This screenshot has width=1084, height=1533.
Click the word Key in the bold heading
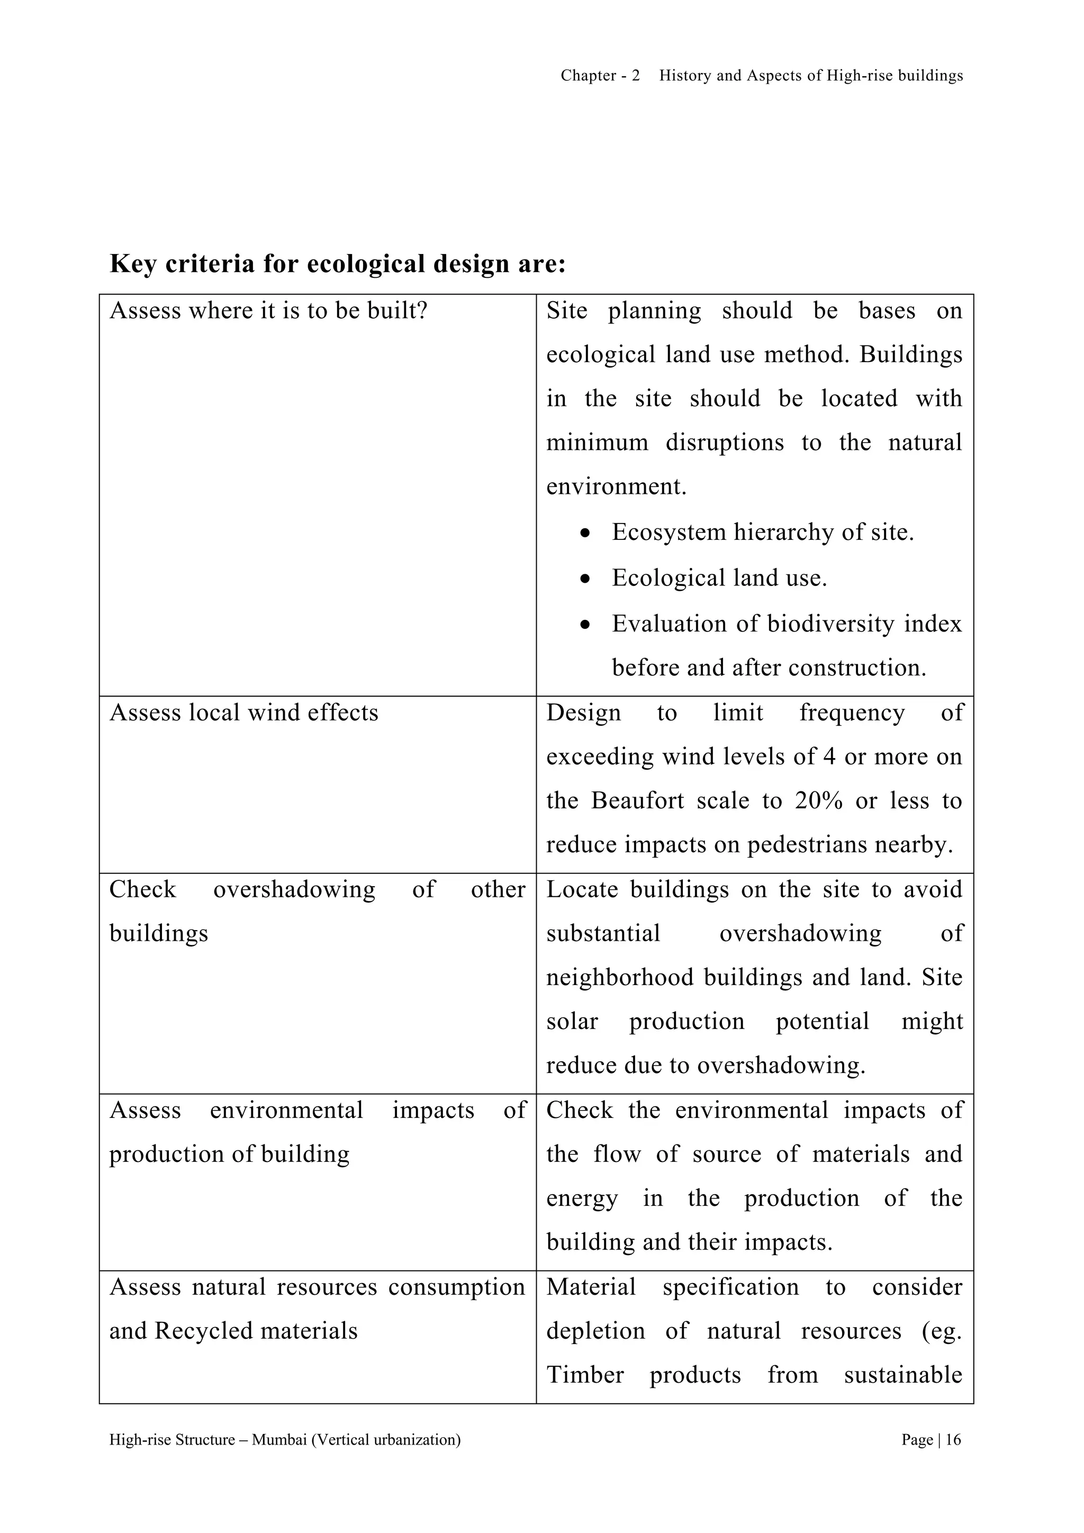tap(132, 264)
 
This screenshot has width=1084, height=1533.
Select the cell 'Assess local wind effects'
tap(243, 713)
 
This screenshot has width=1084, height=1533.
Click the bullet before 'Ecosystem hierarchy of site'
tap(585, 534)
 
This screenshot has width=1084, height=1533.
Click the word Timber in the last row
tap(585, 1375)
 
